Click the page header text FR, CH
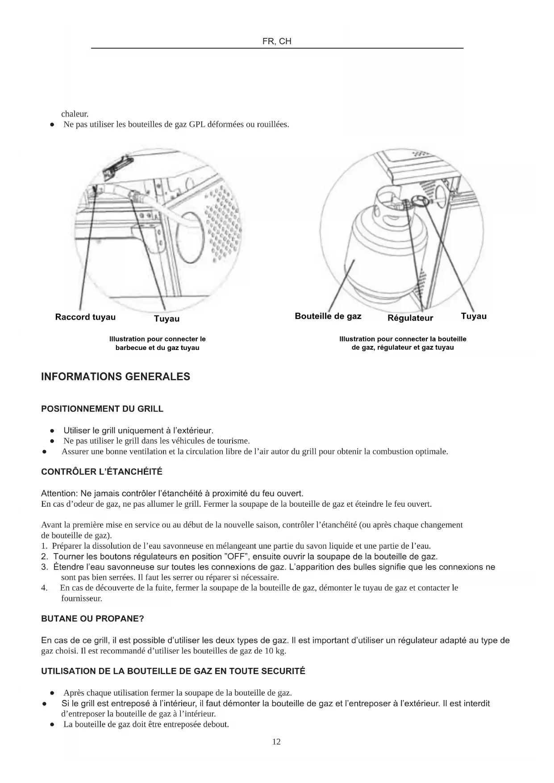[277, 42]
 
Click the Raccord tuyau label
[85, 317]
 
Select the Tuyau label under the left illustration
[167, 318]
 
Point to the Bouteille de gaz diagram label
[328, 316]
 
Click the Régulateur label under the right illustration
[410, 318]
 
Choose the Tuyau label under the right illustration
[473, 316]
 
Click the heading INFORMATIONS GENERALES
[115, 377]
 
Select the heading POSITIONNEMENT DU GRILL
[102, 409]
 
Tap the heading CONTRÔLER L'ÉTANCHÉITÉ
[101, 472]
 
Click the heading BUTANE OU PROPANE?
[92, 619]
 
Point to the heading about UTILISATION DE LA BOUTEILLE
[173, 671]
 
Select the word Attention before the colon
[59, 493]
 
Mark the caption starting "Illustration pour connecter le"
[157, 343]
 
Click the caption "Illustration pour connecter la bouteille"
[402, 343]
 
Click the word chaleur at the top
[75, 114]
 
